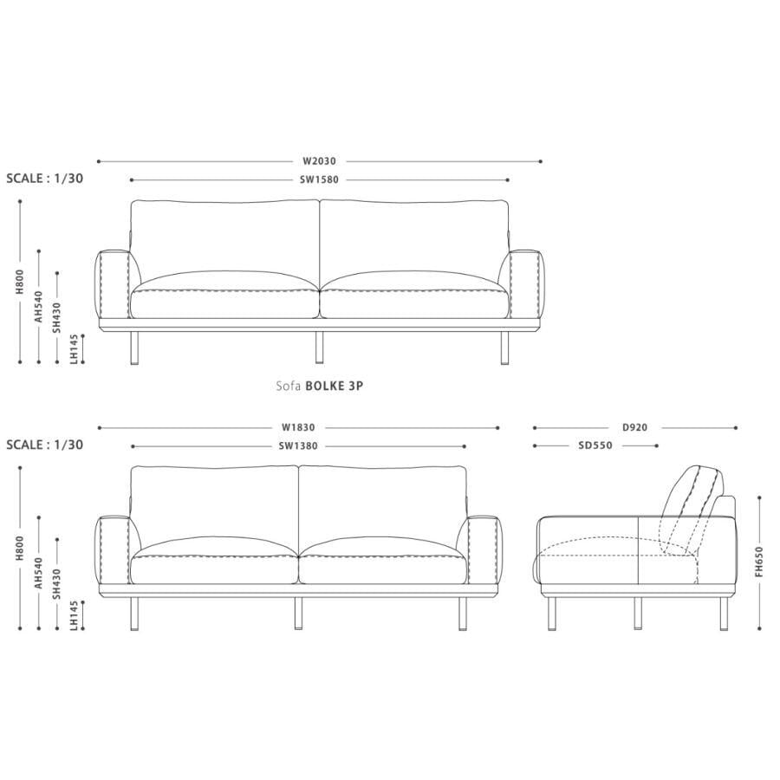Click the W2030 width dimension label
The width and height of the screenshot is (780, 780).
(319, 161)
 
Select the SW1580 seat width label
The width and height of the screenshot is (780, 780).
(319, 179)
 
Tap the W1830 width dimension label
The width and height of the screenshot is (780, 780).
(298, 427)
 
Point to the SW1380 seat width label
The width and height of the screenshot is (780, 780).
(298, 446)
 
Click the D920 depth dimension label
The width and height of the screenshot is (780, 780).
(635, 427)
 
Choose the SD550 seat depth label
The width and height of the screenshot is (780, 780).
(595, 445)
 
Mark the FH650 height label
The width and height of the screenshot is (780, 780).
(758, 562)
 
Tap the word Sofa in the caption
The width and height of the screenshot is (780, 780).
(289, 386)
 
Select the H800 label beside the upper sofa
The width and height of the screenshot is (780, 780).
(20, 282)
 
